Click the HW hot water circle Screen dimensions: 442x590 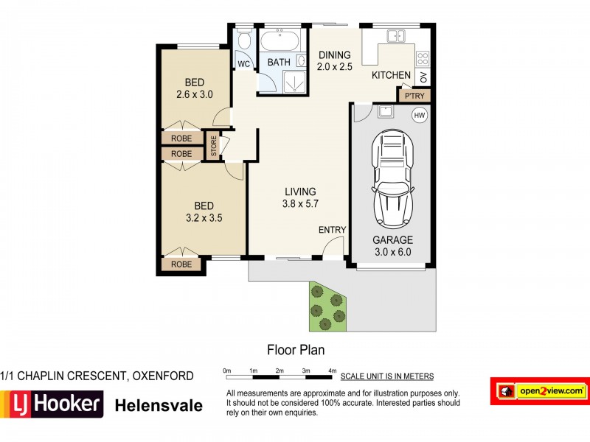420,115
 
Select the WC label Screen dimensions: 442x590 243,63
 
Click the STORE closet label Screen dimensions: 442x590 214,144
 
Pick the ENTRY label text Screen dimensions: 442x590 332,230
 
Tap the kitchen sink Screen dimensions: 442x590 395,35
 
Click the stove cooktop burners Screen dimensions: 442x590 423,57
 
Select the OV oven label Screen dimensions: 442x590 423,77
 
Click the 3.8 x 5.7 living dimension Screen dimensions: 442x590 300,204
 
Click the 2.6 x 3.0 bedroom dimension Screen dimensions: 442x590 195,94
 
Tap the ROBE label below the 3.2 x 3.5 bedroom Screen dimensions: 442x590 181,264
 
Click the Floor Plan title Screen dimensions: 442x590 295,350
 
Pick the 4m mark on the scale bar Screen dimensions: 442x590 332,370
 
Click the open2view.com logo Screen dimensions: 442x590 541,390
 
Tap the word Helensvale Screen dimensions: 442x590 158,404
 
